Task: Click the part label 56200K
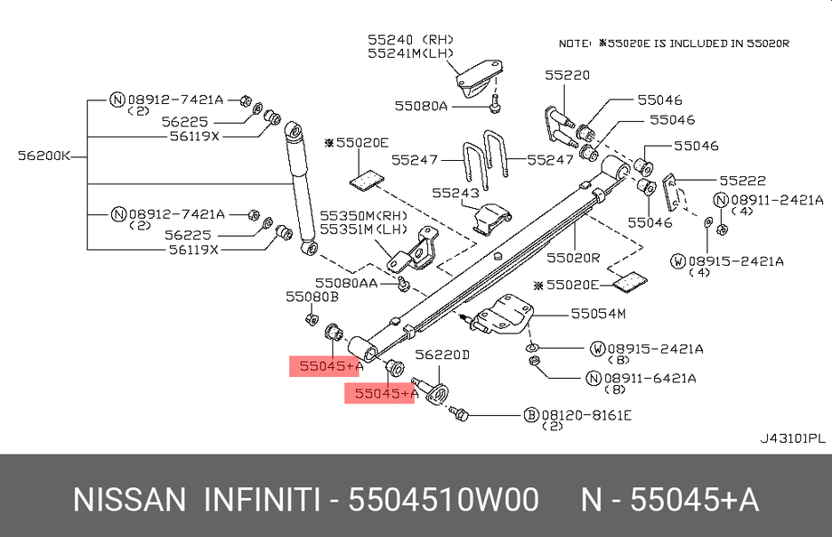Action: [x=43, y=155]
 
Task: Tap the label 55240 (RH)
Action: [x=409, y=40]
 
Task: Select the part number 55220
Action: [x=566, y=76]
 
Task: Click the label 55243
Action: [x=453, y=193]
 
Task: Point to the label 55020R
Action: [x=573, y=257]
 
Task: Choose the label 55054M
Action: [x=597, y=314]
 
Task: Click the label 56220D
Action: [x=442, y=355]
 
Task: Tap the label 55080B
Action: [x=312, y=296]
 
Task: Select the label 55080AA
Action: [x=345, y=283]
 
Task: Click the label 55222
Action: [x=743, y=181]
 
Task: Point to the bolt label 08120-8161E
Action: [x=586, y=415]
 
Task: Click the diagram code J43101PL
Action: [x=791, y=438]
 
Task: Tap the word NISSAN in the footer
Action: [x=129, y=500]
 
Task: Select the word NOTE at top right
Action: [x=575, y=42]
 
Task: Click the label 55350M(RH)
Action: [x=361, y=216]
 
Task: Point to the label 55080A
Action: [x=420, y=106]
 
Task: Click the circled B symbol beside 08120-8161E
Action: [x=532, y=415]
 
